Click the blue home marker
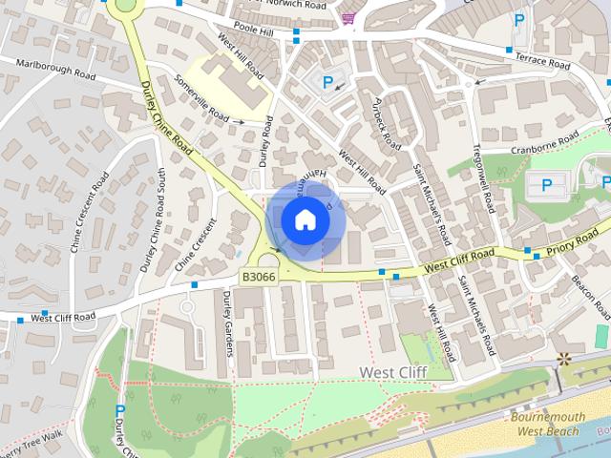[305, 220]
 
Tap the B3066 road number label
[258, 277]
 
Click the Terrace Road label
[542, 60]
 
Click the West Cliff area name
[391, 370]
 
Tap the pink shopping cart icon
[349, 17]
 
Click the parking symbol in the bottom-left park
[119, 411]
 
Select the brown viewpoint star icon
[564, 359]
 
